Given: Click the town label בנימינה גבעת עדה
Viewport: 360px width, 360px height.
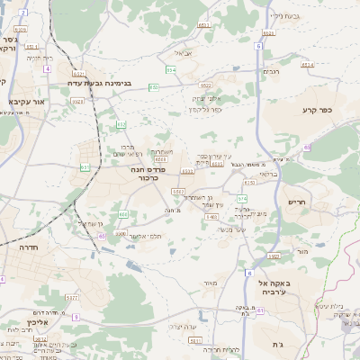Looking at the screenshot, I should (x=101, y=84).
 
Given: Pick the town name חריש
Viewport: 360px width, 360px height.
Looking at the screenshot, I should (x=297, y=202).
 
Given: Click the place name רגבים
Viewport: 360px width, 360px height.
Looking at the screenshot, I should (x=271, y=72).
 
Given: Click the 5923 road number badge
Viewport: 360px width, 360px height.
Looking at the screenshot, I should (x=77, y=102).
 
